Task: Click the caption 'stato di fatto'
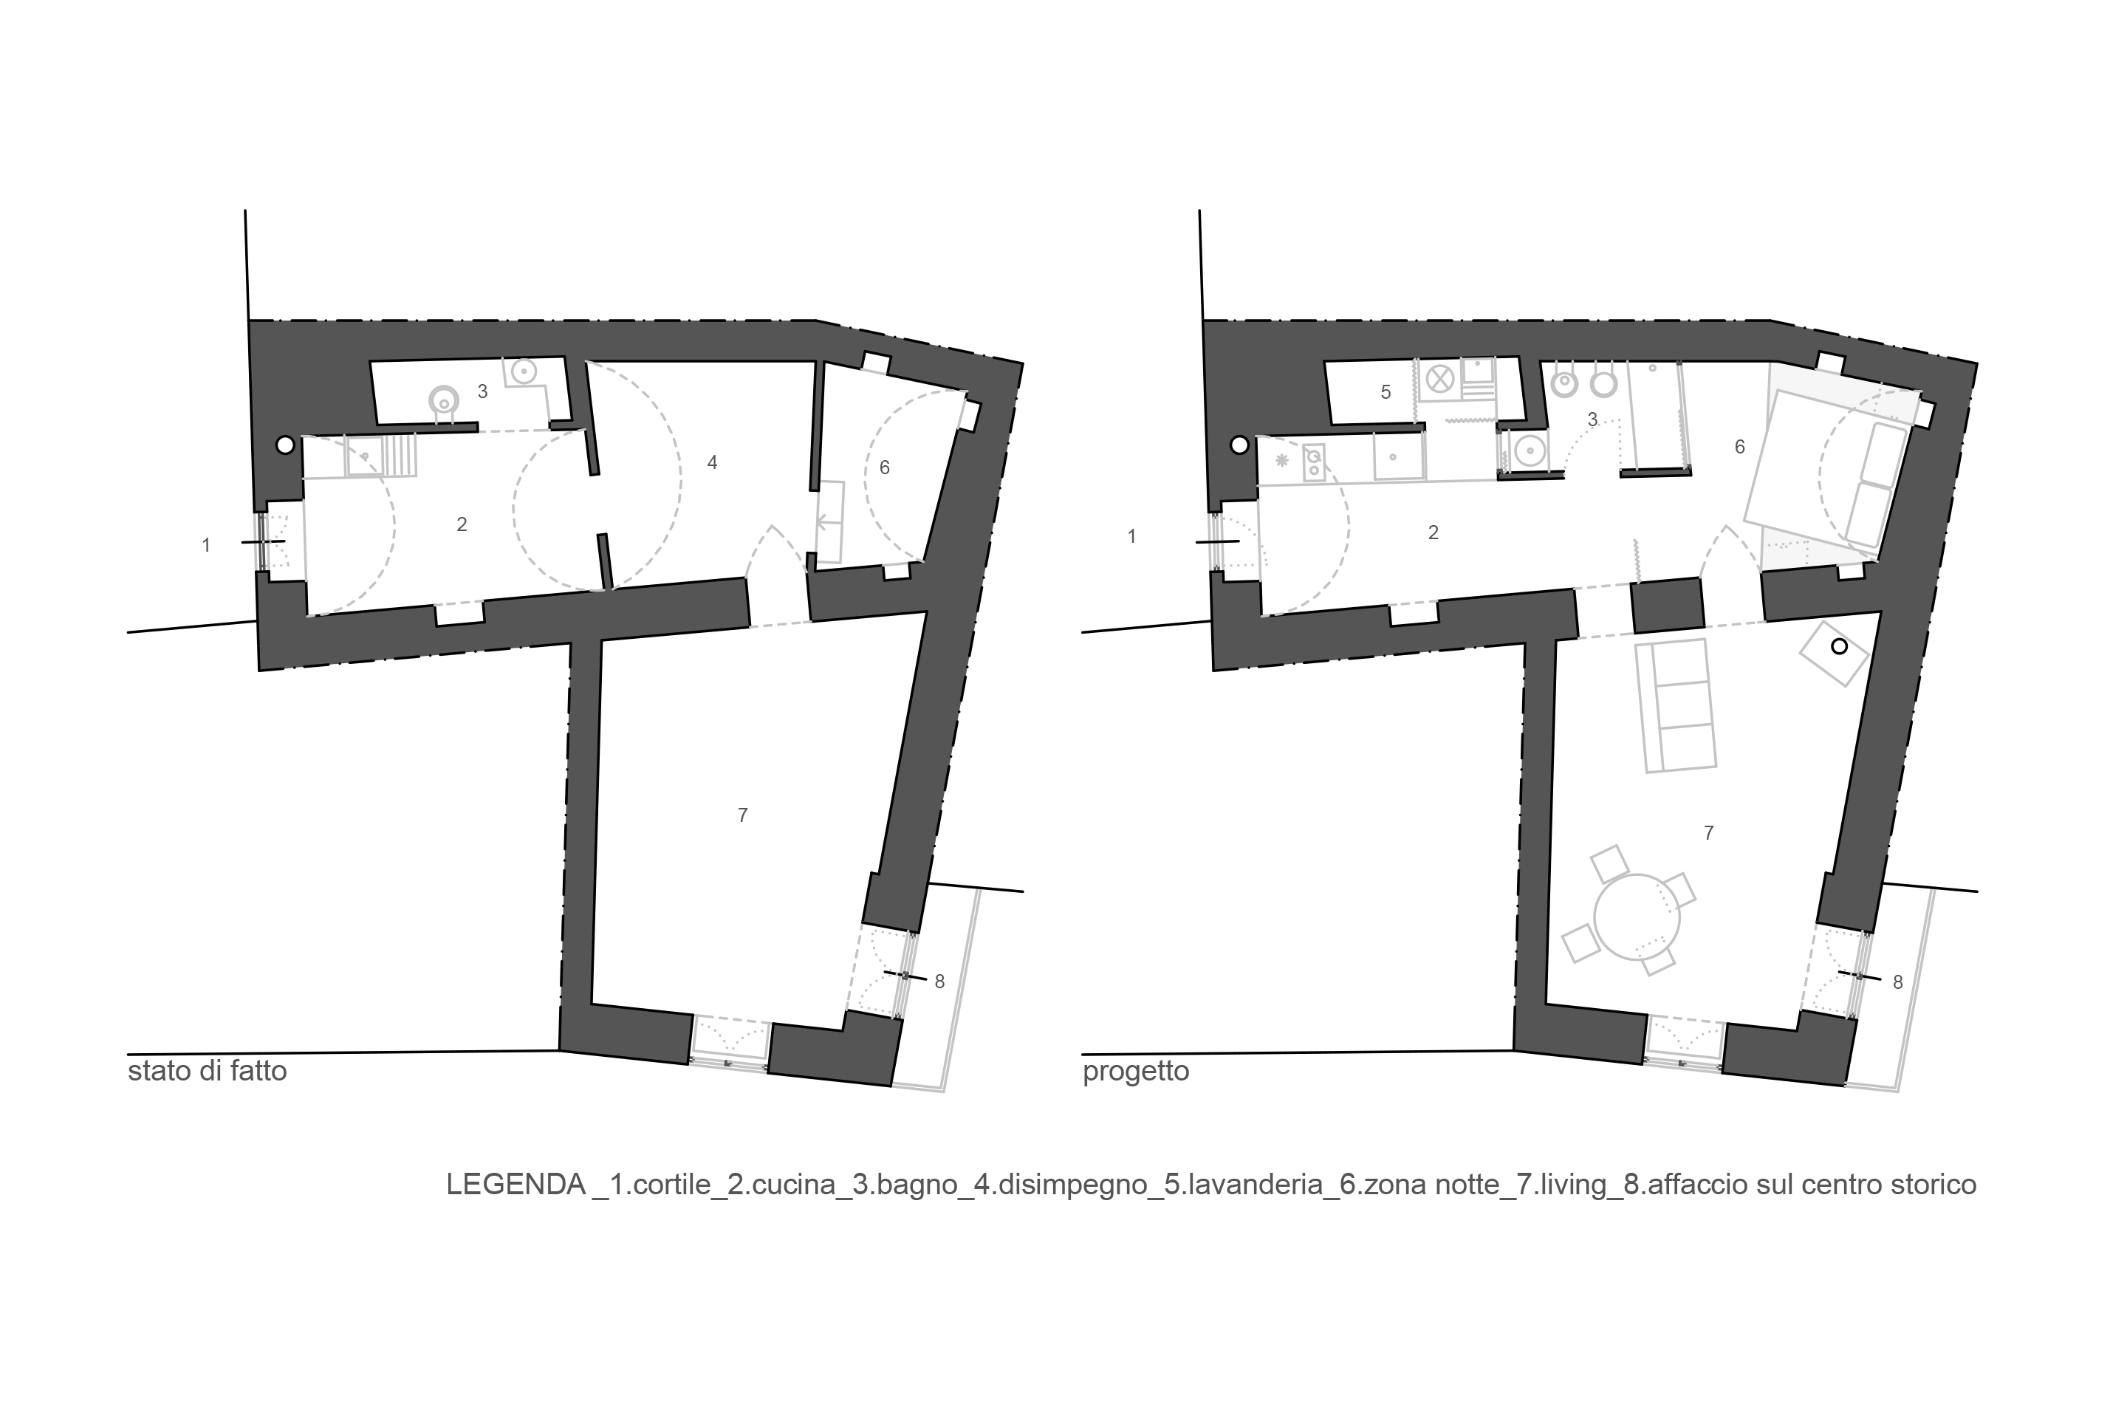pyautogui.click(x=207, y=1072)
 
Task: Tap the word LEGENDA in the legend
pyautogui.click(x=516, y=1185)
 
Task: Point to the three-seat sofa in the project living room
pyautogui.click(x=1675, y=705)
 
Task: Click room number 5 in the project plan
pyautogui.click(x=1386, y=391)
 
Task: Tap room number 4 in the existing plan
pyautogui.click(x=713, y=463)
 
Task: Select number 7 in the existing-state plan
pyautogui.click(x=742, y=815)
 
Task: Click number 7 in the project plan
pyautogui.click(x=1708, y=833)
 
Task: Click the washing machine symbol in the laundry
pyautogui.click(x=1439, y=379)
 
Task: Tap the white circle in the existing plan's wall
pyautogui.click(x=285, y=445)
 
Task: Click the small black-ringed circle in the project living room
pyautogui.click(x=1838, y=647)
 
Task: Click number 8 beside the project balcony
pyautogui.click(x=1897, y=982)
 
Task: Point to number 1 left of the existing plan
pyautogui.click(x=206, y=545)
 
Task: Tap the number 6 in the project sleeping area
pyautogui.click(x=1739, y=447)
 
